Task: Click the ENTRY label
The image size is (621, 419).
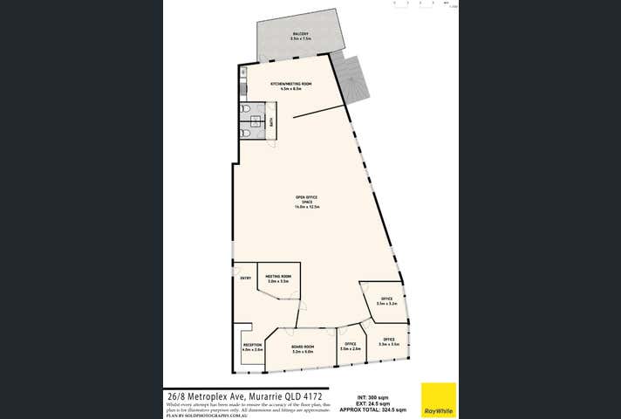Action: [x=245, y=278]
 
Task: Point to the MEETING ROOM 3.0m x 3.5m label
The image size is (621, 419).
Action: [x=278, y=279]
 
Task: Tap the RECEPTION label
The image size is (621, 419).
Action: [x=252, y=347]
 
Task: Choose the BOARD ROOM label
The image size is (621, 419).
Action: [x=302, y=348]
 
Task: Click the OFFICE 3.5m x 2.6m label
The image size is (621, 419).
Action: [x=350, y=347]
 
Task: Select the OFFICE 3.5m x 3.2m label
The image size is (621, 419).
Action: [x=386, y=301]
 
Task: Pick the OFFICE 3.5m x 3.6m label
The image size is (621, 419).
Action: [x=388, y=341]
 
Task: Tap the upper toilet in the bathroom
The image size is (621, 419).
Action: [x=248, y=111]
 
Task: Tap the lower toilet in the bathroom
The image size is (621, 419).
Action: [x=248, y=134]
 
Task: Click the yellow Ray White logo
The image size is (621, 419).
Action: [x=439, y=399]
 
